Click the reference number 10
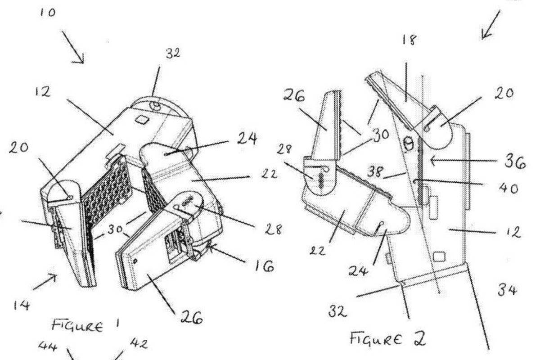[47, 13]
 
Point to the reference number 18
[409, 40]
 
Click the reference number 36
[513, 163]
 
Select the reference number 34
[506, 291]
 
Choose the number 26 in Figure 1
[191, 319]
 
